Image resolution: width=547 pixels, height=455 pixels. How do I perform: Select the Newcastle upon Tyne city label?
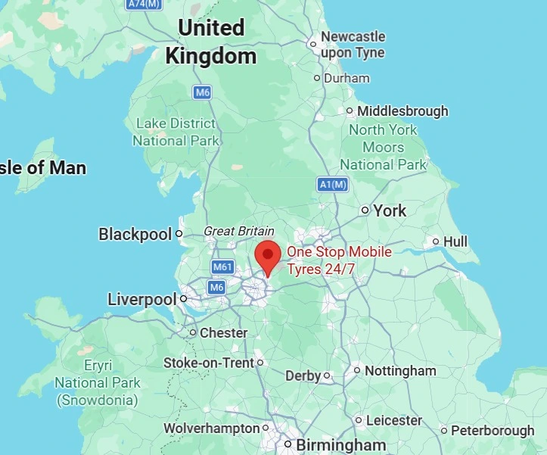[x=353, y=45]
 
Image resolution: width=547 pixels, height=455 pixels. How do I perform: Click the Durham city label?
[x=347, y=78]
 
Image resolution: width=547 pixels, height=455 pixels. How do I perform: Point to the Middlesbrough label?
[x=402, y=111]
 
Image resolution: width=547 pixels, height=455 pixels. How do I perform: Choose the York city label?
[x=390, y=210]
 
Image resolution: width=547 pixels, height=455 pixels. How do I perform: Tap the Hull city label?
[x=455, y=242]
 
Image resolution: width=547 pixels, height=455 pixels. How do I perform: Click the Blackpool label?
[x=135, y=235]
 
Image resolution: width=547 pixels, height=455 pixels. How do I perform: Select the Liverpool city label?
[x=141, y=300]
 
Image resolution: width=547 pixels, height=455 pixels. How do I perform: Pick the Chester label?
[x=223, y=333]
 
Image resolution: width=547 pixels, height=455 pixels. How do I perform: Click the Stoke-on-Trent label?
[x=209, y=363]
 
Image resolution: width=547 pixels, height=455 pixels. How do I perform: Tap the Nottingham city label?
[x=400, y=371]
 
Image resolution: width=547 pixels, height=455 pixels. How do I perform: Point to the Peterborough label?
[x=493, y=430]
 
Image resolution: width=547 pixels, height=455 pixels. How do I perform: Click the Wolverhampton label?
[x=212, y=429]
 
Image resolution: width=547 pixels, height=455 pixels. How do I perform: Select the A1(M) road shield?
[x=332, y=184]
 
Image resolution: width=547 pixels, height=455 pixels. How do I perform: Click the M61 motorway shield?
[x=222, y=266]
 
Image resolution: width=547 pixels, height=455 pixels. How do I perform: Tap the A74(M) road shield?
[x=145, y=5]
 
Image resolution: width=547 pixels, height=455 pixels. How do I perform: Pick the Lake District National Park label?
[x=176, y=132]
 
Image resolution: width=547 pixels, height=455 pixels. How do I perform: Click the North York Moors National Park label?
[x=383, y=147]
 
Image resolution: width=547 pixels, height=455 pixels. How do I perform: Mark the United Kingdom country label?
[x=211, y=42]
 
